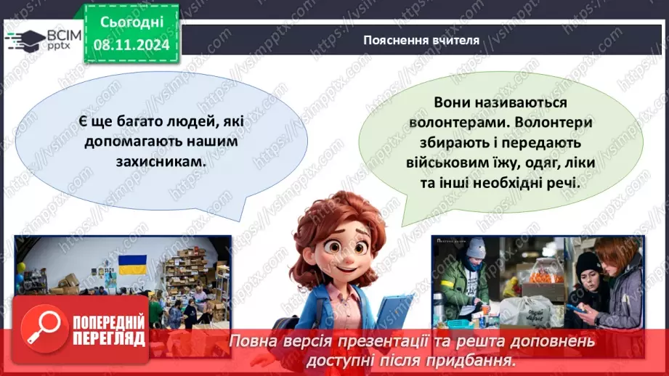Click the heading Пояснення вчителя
click(x=421, y=40)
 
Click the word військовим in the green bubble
click(x=448, y=163)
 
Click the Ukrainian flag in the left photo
click(x=133, y=264)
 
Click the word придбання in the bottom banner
click(x=482, y=359)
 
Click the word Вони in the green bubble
click(x=454, y=103)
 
